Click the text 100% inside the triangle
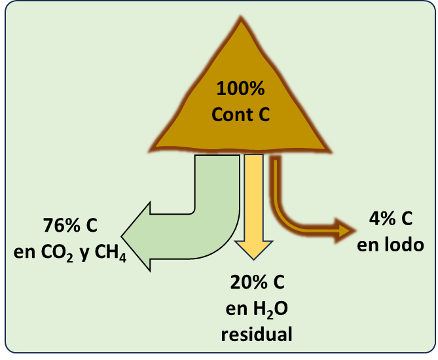[x=241, y=88]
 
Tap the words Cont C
[x=241, y=115]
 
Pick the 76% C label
[x=71, y=226]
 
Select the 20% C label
[x=257, y=283]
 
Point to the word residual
[x=257, y=334]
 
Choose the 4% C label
[x=391, y=220]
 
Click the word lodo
[x=403, y=245]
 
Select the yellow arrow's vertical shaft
[x=253, y=196]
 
